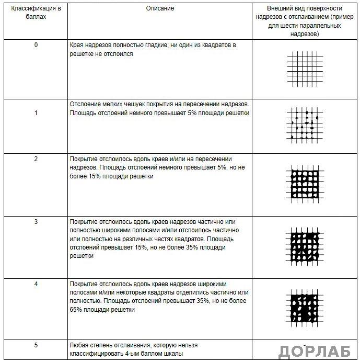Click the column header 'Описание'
pos(160,9)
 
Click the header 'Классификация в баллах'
pos(36,13)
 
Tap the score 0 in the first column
pos(36,45)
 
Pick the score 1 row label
pos(36,113)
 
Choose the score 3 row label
pos(36,222)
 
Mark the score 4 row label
pos(36,284)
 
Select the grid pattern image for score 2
pos(305,184)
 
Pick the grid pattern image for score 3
pos(305,246)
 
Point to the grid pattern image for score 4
pos(305,308)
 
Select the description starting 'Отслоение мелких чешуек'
pos(159,109)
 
